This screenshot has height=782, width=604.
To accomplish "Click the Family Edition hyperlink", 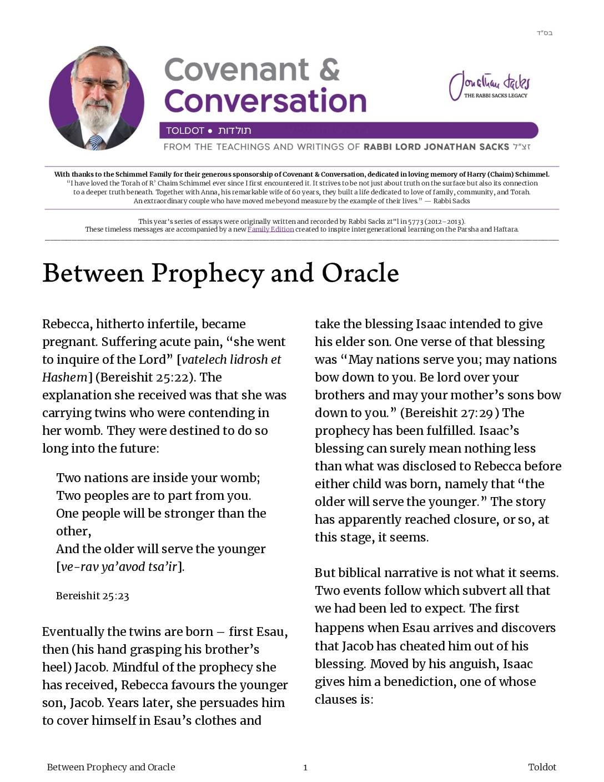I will click(x=270, y=229).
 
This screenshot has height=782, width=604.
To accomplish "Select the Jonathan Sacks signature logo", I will click(x=489, y=86).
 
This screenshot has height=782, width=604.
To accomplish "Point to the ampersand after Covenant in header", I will click(x=329, y=71).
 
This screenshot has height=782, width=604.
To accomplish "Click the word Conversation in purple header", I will click(x=265, y=101).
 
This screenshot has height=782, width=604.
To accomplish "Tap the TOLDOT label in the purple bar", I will click(x=185, y=131).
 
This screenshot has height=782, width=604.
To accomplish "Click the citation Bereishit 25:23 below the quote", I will click(x=92, y=596).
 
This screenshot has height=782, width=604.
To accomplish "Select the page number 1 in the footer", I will click(x=305, y=768).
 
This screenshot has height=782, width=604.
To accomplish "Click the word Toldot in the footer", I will click(x=542, y=767).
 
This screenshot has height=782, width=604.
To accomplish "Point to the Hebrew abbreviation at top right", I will click(x=544, y=33).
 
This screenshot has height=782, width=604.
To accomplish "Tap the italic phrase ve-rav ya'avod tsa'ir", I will click(x=119, y=567).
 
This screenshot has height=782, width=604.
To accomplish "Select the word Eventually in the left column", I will click(x=72, y=632).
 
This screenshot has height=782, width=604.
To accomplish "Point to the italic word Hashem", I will click(x=64, y=377).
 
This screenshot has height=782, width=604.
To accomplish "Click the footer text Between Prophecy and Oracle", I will click(x=111, y=767).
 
